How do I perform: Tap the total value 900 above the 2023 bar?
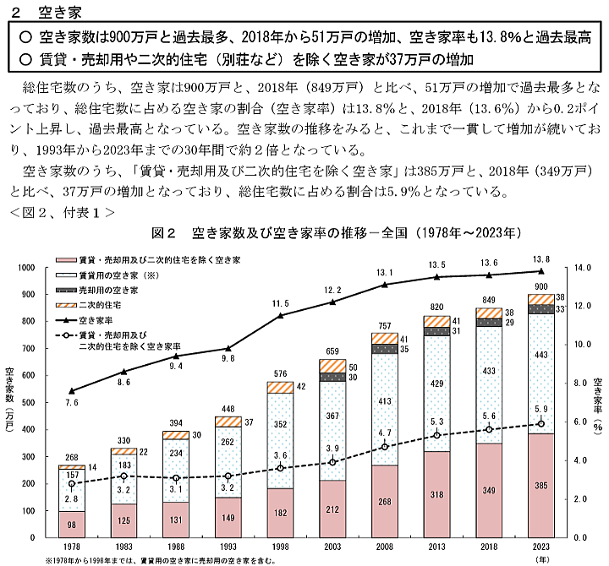[x=541, y=286]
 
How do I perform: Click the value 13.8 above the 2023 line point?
[x=541, y=259]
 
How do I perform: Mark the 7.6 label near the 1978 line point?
[x=71, y=403]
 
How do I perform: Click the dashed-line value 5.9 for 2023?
[x=541, y=411]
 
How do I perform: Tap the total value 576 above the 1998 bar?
[x=281, y=373]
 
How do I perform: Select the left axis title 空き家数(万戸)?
[x=9, y=401]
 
